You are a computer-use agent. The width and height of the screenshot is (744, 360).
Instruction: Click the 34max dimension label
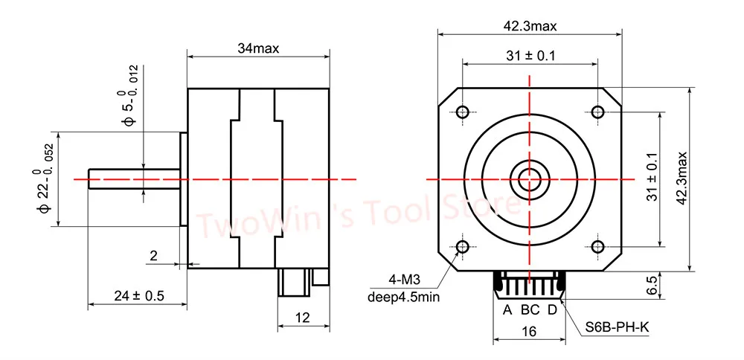pos(258,48)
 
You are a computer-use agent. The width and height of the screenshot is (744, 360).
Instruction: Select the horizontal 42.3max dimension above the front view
pos(530,26)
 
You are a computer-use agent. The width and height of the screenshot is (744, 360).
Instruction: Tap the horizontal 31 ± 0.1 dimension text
pos(530,56)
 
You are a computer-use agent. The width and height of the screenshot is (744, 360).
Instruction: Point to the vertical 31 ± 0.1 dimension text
pos(653,177)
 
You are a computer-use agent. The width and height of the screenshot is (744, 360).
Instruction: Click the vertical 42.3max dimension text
pos(682,179)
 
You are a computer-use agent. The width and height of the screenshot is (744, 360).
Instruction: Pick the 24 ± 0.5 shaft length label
pos(138,296)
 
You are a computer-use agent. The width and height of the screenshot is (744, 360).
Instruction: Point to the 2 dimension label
pos(153,256)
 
